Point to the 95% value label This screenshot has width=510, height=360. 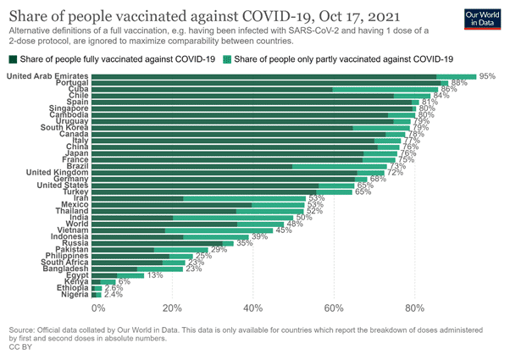click(486, 76)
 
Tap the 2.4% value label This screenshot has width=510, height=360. click(114, 295)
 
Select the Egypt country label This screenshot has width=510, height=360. click(73, 274)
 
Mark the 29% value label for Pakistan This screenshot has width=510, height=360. click(219, 250)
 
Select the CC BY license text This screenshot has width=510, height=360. click(18, 346)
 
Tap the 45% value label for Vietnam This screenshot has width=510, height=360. click(283, 230)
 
